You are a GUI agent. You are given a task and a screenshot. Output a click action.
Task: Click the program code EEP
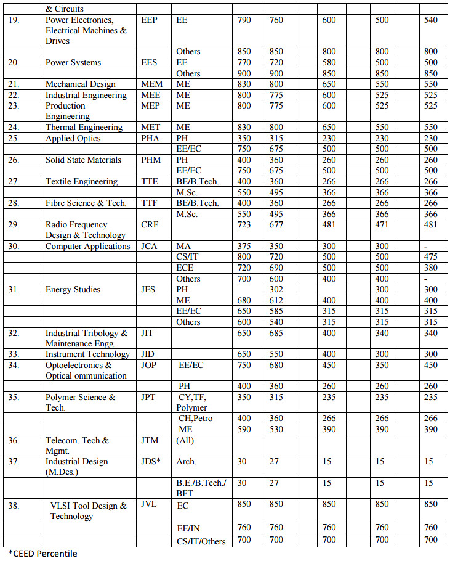[x=149, y=20]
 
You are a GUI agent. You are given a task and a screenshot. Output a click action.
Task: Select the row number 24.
[x=14, y=127]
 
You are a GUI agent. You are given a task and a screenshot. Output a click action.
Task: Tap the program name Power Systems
[x=73, y=62]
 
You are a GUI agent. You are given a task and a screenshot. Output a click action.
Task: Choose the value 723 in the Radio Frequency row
[x=244, y=224]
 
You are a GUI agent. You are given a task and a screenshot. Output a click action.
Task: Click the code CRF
[x=150, y=224]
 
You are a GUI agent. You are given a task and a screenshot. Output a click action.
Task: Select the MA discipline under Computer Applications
[x=183, y=246]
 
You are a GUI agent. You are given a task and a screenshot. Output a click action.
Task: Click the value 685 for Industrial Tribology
[x=276, y=333]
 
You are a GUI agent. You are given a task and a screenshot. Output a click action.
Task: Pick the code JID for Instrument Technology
[x=148, y=354]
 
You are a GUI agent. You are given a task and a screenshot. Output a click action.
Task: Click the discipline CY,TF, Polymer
[x=193, y=402]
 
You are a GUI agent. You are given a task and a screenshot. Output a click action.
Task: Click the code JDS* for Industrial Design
[x=151, y=461]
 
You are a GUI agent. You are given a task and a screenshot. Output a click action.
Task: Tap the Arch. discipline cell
[x=187, y=461]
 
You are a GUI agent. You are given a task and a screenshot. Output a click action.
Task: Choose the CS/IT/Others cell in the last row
[x=201, y=541]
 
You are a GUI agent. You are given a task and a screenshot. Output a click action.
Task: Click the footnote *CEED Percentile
[x=43, y=553]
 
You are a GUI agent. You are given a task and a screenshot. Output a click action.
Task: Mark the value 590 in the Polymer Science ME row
[x=244, y=428]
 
